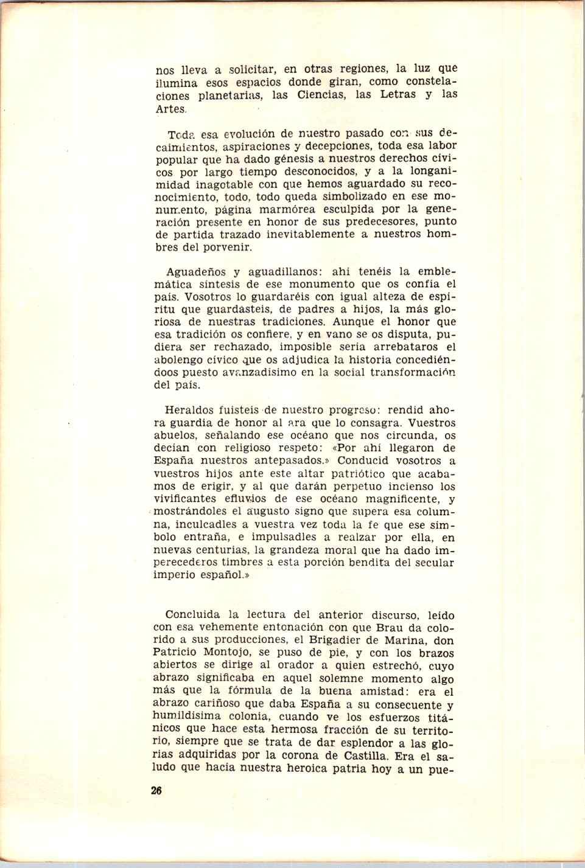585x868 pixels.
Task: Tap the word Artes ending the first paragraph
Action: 169,109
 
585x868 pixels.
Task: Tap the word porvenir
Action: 222,248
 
